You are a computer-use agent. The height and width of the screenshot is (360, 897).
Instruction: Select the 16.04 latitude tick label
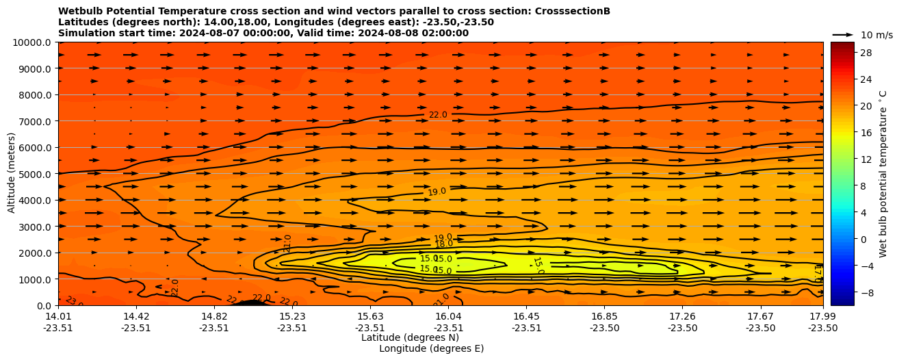click(448, 316)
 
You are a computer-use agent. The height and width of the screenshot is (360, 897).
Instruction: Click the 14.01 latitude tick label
click(58, 316)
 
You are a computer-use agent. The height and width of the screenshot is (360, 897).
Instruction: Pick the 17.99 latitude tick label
click(822, 316)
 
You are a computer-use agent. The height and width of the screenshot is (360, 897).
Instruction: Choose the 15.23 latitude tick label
click(292, 316)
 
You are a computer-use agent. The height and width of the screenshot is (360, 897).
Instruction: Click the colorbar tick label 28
click(865, 53)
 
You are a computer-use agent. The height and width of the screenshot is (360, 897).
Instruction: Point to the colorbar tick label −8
click(865, 292)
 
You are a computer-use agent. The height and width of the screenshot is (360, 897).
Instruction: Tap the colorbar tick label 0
click(862, 239)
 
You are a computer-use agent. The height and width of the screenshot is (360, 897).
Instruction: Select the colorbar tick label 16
click(865, 133)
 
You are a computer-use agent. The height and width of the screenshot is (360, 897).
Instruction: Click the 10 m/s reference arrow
click(843, 34)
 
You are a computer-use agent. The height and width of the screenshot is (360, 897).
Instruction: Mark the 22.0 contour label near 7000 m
click(438, 115)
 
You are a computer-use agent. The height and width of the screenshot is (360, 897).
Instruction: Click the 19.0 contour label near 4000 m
click(437, 192)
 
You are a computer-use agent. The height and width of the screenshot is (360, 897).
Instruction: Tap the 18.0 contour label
click(444, 244)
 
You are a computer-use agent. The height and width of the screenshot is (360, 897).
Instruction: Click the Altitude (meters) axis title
click(12, 173)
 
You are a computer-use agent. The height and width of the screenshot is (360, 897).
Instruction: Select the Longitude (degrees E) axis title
click(431, 349)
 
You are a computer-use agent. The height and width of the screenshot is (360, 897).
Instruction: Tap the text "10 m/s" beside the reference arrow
click(876, 35)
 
